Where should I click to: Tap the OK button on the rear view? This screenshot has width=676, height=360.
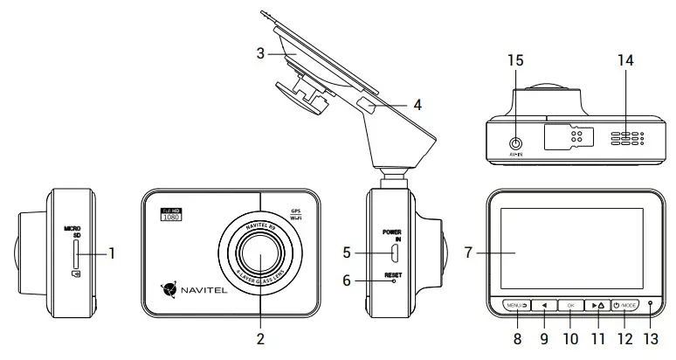570,306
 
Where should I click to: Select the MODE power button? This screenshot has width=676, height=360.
625,306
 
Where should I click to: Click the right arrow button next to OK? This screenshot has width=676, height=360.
597,306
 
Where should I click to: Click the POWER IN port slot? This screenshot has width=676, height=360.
394,253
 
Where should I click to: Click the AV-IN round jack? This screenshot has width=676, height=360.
516,142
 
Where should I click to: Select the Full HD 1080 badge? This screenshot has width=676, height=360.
170,214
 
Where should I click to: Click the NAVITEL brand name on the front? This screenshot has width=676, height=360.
200,286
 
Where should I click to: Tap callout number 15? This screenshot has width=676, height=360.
515,60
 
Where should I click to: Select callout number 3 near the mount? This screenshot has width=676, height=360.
259,52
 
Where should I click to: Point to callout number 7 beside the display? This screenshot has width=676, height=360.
469,253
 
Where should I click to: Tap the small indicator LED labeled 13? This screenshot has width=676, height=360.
651,306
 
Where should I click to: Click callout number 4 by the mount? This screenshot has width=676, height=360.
417,104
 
